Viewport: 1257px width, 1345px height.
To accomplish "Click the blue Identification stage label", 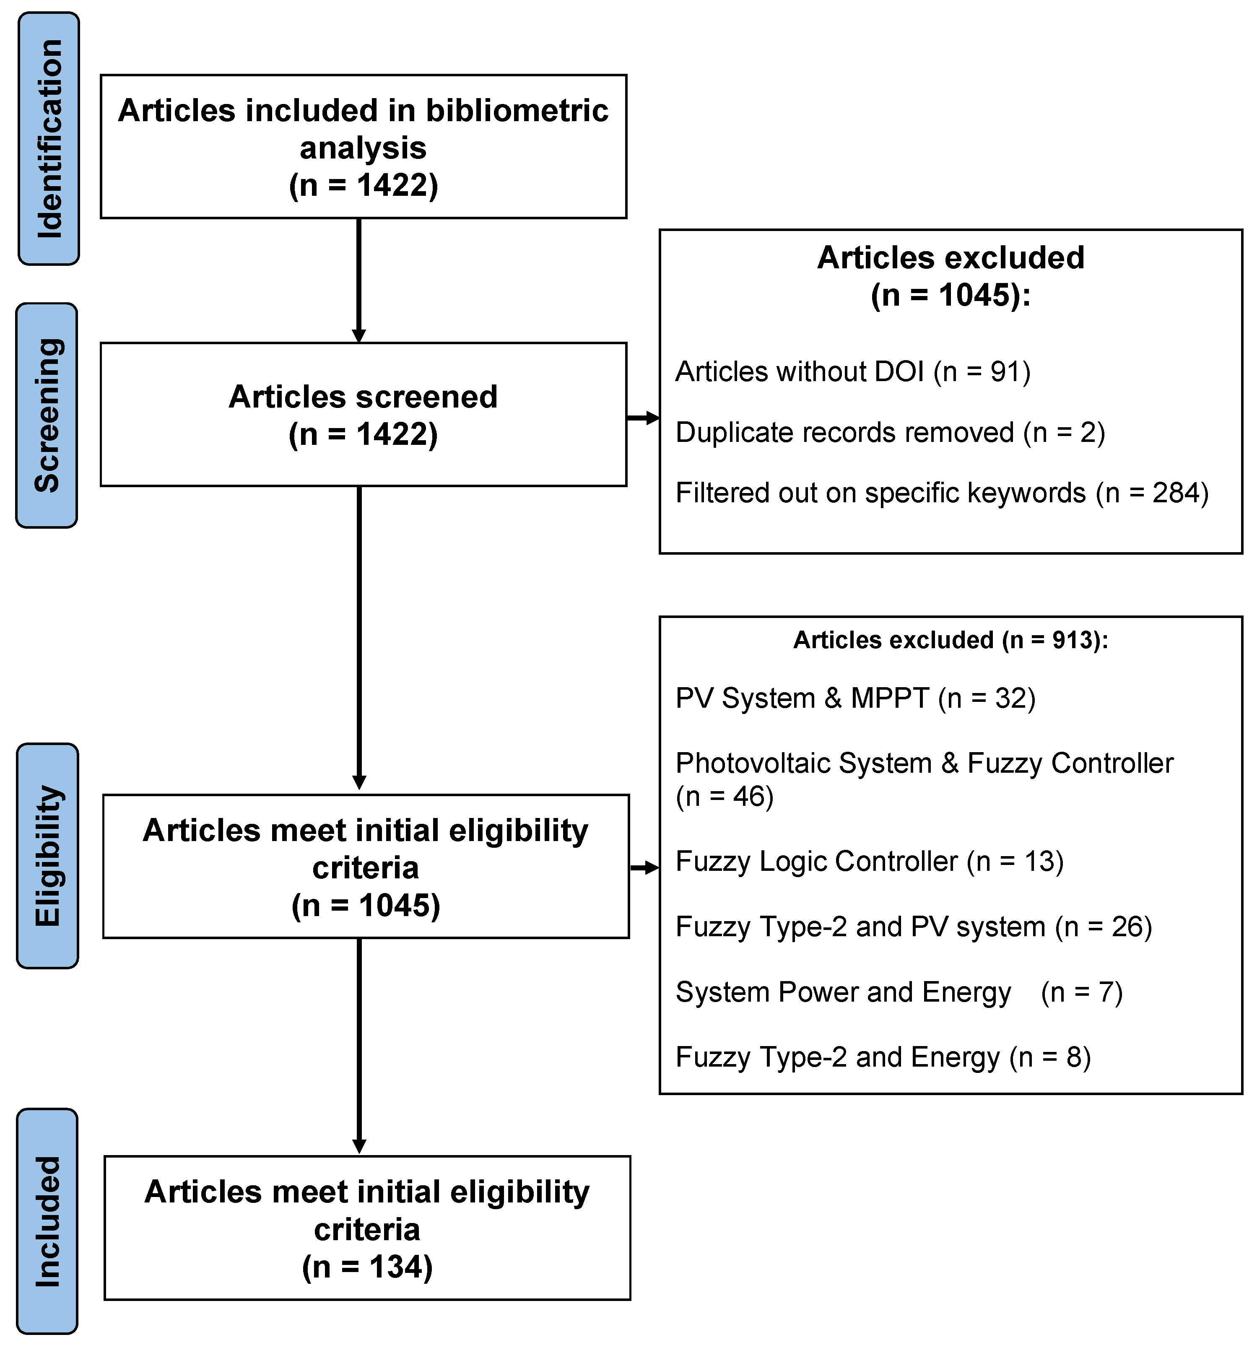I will tap(49, 139).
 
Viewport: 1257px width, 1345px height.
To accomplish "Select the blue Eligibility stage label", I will tap(47, 856).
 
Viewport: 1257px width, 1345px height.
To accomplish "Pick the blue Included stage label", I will tap(47, 1221).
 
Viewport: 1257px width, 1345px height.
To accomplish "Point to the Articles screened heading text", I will tap(363, 397).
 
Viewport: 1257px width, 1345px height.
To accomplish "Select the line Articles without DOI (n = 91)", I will tap(852, 371).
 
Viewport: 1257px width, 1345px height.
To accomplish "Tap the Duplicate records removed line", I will tap(890, 432).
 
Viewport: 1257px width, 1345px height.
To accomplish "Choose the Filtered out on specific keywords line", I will tap(942, 493).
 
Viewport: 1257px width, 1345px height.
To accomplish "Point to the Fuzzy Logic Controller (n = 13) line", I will tap(869, 861).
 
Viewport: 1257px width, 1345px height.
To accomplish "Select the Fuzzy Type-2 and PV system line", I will tap(913, 926).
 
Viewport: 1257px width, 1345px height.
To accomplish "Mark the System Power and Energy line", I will tap(899, 992).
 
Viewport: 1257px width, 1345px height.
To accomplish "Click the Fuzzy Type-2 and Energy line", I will tap(883, 1057).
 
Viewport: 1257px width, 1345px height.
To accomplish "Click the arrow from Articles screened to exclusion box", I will tap(643, 418).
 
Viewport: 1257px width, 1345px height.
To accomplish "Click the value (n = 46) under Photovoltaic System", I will tap(725, 796).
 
